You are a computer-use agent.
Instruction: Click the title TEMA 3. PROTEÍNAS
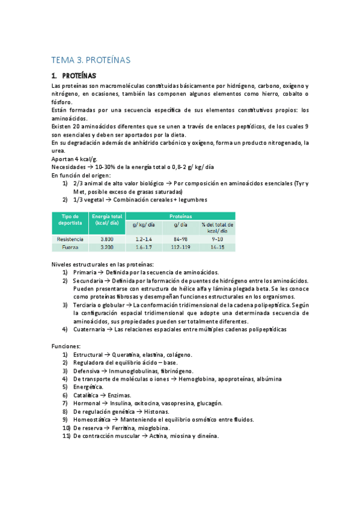pyautogui.click(x=91, y=60)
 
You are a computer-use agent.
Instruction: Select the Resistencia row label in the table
pyautogui.click(x=70, y=239)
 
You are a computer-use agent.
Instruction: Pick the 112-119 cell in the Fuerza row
pyautogui.click(x=180, y=247)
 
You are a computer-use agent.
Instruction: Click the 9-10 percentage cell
pyautogui.click(x=216, y=239)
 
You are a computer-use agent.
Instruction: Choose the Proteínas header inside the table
pyautogui.click(x=181, y=215)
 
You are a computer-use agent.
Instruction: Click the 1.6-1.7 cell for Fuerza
pyautogui.click(x=144, y=247)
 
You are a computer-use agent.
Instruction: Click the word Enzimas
pyautogui.click(x=122, y=395)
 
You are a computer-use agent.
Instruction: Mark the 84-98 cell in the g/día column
pyautogui.click(x=180, y=239)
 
